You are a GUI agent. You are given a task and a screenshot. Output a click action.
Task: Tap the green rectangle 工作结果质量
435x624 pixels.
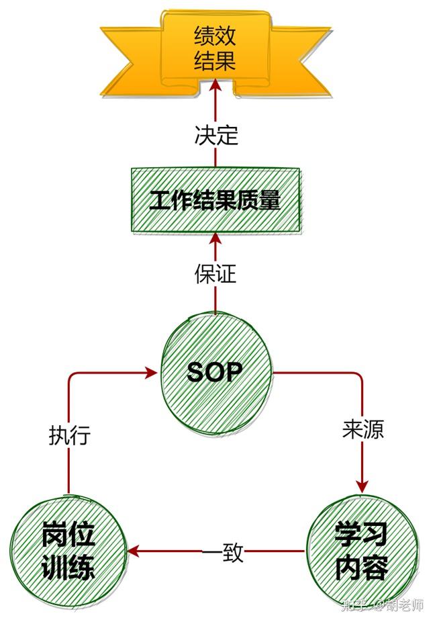coord(215,200)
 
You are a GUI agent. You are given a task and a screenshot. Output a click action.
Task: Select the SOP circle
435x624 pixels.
coord(215,371)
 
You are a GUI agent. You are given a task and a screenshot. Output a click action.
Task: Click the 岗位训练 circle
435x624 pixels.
coord(68,551)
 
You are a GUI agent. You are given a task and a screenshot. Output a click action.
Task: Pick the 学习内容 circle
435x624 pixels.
coord(361,551)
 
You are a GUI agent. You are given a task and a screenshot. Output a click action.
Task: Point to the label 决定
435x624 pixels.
coord(216,135)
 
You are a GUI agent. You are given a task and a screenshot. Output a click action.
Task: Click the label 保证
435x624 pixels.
coord(215,273)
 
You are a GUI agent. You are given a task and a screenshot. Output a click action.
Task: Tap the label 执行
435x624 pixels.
coord(69,435)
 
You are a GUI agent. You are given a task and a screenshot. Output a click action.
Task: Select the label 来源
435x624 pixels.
coord(362,429)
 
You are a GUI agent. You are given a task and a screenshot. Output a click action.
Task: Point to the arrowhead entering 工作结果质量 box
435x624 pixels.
coord(215,238)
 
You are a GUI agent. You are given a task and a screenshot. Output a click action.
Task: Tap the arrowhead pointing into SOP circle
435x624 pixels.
coord(152,371)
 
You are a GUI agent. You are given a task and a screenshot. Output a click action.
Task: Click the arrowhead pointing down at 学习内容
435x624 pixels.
coord(362,485)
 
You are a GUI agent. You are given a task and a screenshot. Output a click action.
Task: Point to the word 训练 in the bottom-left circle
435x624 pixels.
coord(68,568)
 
